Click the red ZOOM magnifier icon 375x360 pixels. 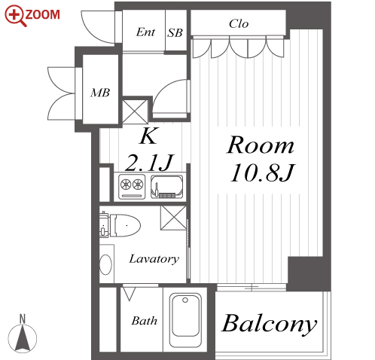coord(16,16)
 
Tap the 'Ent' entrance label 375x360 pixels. coord(145,32)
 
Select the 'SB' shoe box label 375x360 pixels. coord(175,33)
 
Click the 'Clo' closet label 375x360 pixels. coord(239,24)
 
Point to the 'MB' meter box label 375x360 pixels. coord(100,93)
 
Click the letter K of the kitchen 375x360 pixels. coord(149,136)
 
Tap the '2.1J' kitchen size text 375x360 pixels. coord(149,162)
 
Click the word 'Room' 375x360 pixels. coord(261,145)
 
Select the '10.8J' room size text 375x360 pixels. coord(262,173)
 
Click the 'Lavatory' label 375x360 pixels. coord(154,259)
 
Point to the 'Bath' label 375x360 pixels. coord(145,321)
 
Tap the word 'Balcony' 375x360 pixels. coord(269,324)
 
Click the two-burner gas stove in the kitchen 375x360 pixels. coord(132,187)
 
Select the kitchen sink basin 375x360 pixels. coord(167,187)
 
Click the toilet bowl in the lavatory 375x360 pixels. coord(125,225)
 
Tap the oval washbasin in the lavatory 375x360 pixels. coord(105,265)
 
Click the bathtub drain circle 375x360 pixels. coord(185,300)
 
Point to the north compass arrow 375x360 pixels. coord(23,338)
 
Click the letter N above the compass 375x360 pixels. coord(23,319)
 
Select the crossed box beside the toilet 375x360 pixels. coord(173,218)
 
